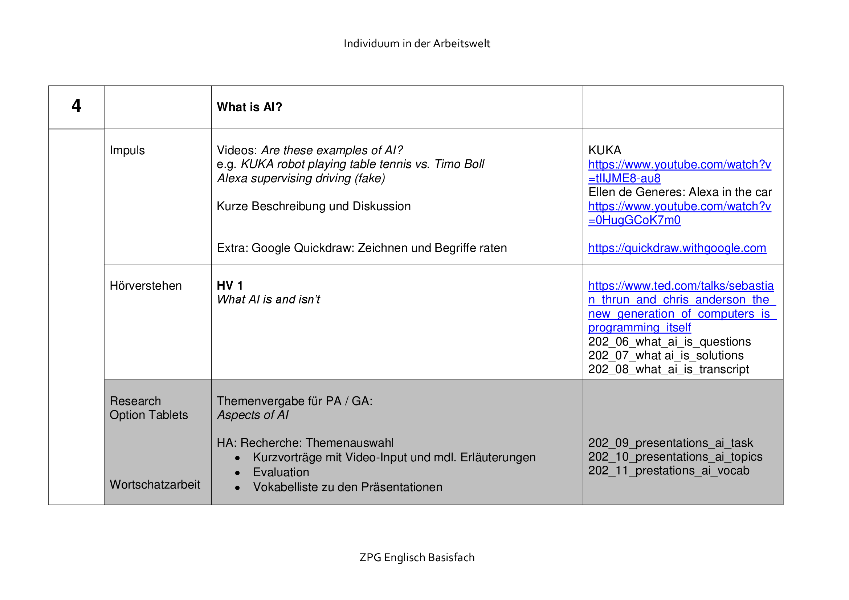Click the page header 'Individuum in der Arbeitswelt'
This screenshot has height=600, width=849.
(x=417, y=44)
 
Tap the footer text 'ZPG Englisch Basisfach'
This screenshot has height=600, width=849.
(x=417, y=557)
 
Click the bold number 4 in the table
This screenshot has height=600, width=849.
(x=76, y=106)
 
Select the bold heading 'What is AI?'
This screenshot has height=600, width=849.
(x=249, y=107)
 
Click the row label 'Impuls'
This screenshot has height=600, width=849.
(x=127, y=151)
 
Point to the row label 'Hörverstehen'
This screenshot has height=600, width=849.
(x=145, y=286)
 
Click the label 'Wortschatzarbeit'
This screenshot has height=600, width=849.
(x=155, y=484)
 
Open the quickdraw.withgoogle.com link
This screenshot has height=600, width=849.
(x=677, y=248)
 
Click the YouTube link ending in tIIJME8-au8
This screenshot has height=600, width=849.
(x=679, y=172)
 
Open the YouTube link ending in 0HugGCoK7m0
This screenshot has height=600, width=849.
(x=679, y=213)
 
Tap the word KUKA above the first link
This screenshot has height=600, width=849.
(x=605, y=151)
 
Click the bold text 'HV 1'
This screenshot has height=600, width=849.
(x=230, y=286)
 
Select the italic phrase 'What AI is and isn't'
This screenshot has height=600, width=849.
(x=268, y=299)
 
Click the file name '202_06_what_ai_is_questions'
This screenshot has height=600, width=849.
(x=669, y=342)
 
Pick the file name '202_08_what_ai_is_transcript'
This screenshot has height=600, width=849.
(x=668, y=369)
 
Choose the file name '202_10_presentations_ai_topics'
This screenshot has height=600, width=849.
(x=675, y=457)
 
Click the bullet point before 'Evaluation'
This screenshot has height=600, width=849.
(x=237, y=473)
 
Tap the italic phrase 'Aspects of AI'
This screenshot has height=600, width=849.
(x=253, y=415)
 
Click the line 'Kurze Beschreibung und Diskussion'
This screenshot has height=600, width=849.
(x=314, y=206)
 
